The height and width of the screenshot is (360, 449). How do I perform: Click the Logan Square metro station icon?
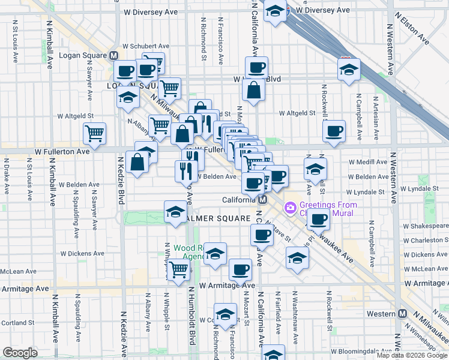(x=113, y=55)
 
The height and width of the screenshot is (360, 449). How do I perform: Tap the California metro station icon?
(x=262, y=200)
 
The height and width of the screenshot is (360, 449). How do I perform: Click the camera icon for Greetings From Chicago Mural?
(x=291, y=208)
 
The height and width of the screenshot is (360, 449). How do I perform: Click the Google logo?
(x=20, y=353)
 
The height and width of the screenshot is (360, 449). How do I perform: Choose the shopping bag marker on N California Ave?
(x=254, y=89)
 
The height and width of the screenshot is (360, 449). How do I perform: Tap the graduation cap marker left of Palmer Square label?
(x=175, y=211)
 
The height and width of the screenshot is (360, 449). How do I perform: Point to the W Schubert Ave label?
(x=146, y=46)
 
